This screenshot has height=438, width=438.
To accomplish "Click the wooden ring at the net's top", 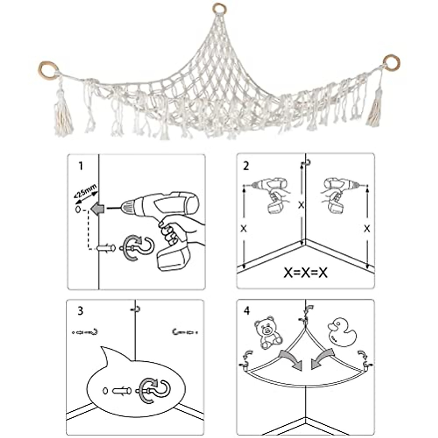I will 219,8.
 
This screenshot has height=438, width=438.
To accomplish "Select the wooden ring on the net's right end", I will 391,62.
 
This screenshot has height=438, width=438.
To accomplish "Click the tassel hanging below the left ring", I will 63,117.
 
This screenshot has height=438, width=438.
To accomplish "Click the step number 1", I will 81,166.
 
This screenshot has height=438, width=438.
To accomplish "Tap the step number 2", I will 246,166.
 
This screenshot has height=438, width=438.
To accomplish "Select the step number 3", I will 80,311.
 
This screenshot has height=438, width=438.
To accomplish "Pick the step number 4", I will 247,311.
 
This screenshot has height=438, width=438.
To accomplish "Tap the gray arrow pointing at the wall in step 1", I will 98,209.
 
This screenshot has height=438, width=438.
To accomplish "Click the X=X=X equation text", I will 305,273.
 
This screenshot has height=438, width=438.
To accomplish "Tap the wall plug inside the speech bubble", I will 122,391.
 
